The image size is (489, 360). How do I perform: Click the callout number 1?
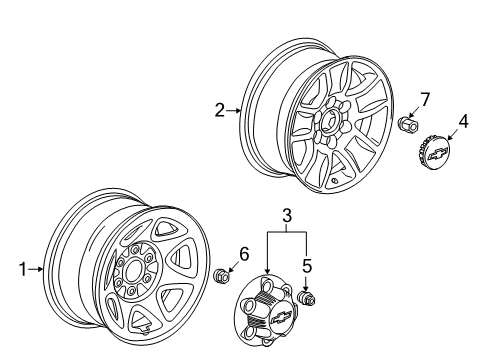(x=23, y=269)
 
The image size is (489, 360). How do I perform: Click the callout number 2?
(x=220, y=110)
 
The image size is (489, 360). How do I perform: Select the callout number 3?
(x=287, y=215)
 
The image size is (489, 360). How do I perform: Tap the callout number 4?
(x=463, y=121)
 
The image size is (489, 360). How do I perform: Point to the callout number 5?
(x=307, y=266)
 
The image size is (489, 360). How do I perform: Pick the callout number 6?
(x=244, y=254)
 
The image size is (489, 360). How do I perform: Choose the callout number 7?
(x=425, y=99)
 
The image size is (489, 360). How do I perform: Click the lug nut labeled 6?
(x=221, y=275)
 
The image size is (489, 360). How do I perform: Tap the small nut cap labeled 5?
(x=306, y=298)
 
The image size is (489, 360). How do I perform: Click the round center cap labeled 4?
(x=433, y=153)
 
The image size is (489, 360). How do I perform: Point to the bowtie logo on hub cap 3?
(x=282, y=316)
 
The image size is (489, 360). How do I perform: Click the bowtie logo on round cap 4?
(x=437, y=154)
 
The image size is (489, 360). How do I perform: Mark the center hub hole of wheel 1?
(x=135, y=271)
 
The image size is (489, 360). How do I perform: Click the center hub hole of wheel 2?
(x=330, y=123)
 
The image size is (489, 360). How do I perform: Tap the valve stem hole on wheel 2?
(x=334, y=181)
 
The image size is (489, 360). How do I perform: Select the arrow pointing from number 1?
(x=36, y=269)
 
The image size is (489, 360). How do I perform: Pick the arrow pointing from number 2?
(x=233, y=110)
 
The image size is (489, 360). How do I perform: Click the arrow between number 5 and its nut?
(x=306, y=282)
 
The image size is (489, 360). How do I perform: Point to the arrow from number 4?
(x=453, y=135)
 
